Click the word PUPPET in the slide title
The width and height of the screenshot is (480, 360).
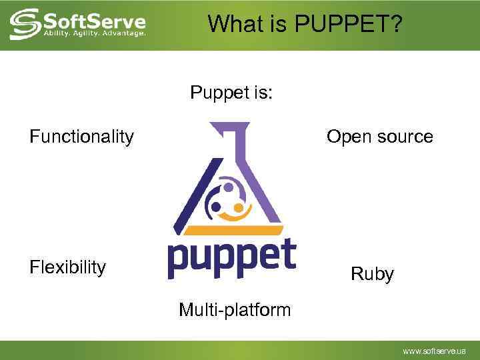(x=348, y=25)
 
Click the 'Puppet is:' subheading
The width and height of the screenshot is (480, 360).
(x=231, y=92)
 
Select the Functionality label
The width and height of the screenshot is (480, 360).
(x=81, y=137)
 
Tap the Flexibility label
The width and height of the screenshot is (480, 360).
(x=67, y=267)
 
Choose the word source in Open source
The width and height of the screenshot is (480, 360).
(x=403, y=137)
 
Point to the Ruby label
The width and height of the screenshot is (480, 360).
(x=372, y=274)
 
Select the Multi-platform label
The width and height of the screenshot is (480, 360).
(x=235, y=309)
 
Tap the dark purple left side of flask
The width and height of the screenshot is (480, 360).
(x=192, y=187)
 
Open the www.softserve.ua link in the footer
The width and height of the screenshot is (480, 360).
(x=434, y=351)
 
